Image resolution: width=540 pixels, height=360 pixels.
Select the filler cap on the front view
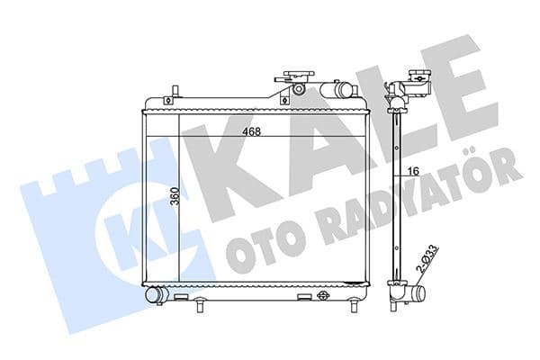click(x=297, y=77)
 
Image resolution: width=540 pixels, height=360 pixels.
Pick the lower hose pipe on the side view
click(x=417, y=293)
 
